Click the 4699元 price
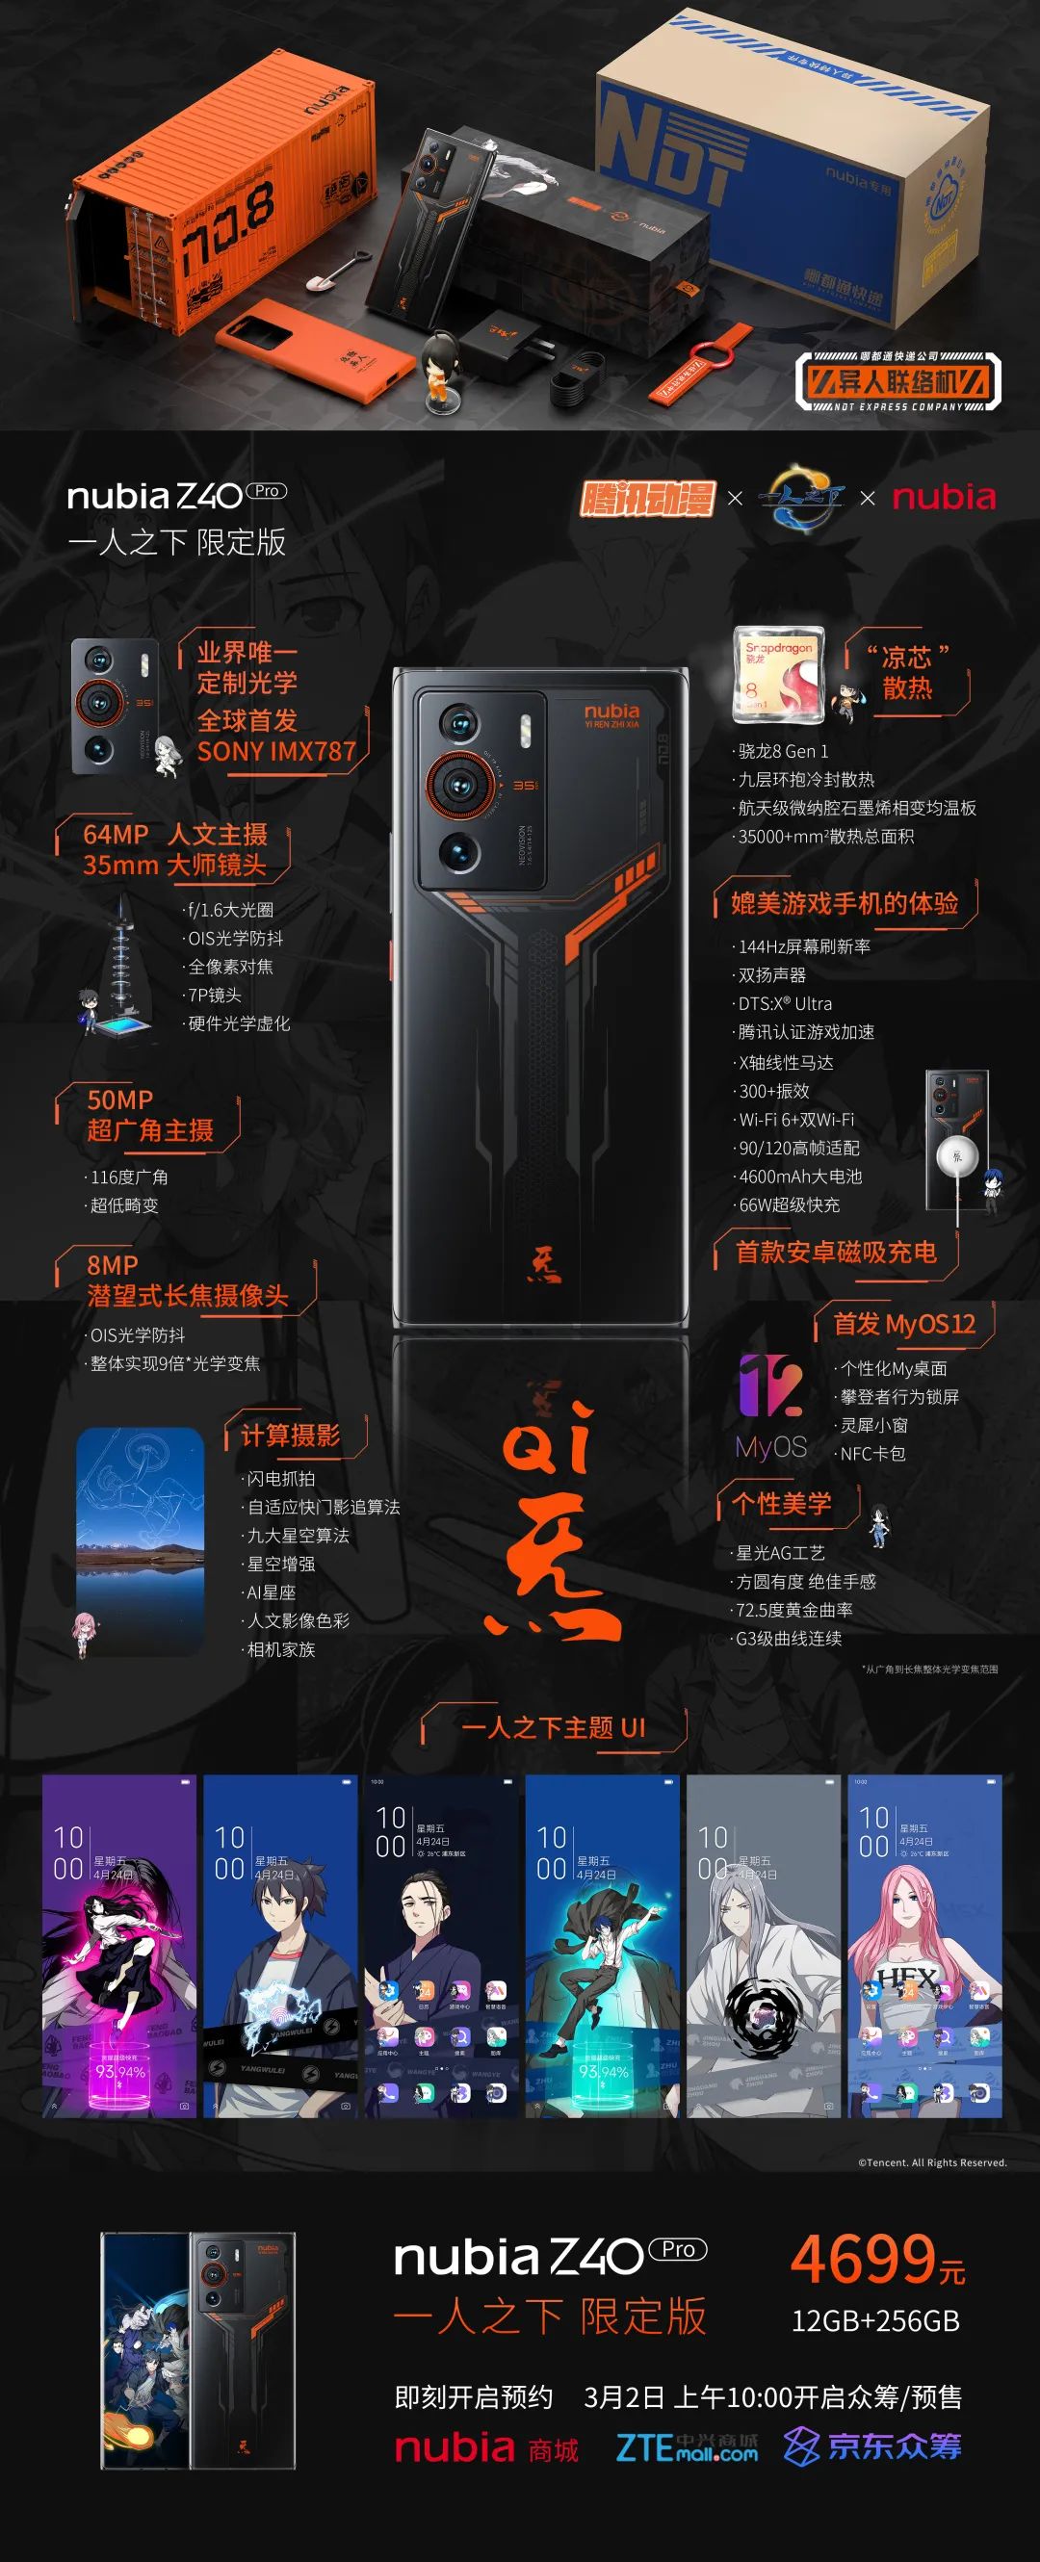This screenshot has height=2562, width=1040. tap(877, 2259)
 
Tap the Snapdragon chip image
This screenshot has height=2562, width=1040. tap(777, 673)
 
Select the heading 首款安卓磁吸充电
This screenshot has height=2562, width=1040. tap(835, 1252)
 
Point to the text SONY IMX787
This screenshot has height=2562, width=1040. tap(275, 751)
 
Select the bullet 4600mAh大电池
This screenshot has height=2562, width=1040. tap(799, 1177)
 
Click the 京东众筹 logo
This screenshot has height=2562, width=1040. tap(872, 2446)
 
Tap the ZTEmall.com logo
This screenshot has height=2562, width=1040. tap(686, 2447)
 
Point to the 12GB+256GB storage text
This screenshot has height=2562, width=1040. tap(875, 2321)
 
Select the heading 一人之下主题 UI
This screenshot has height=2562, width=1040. tap(553, 1727)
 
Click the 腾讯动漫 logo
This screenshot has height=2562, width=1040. tap(647, 496)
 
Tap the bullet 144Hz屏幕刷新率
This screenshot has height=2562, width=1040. tap(803, 946)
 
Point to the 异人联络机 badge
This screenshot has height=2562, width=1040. tap(897, 381)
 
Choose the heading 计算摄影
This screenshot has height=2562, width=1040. tap(290, 1436)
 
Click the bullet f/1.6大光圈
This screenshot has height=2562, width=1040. tap(230, 909)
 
